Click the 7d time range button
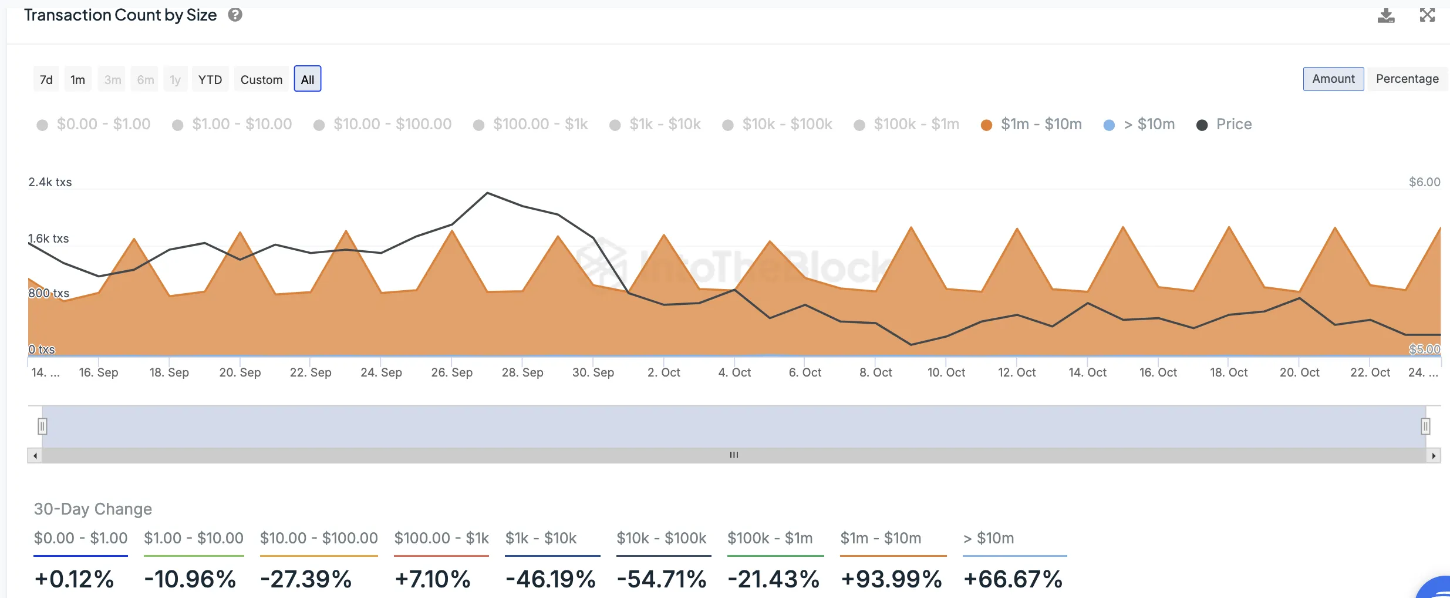(x=46, y=79)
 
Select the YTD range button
(x=210, y=79)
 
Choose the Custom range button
(x=261, y=79)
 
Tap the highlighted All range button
(x=308, y=79)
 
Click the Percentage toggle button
(x=1407, y=79)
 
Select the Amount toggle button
(x=1334, y=79)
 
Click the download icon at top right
(x=1386, y=15)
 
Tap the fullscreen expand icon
(x=1427, y=15)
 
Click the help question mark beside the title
(x=235, y=15)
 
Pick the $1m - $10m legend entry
(x=1031, y=125)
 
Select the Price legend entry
(x=1224, y=125)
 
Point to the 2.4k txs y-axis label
(x=50, y=182)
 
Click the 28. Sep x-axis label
(x=522, y=372)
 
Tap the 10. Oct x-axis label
(x=946, y=372)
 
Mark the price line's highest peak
(x=487, y=193)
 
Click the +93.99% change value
(x=892, y=579)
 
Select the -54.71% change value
(x=662, y=579)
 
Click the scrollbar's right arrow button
(x=1434, y=456)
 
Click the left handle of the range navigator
(x=42, y=426)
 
